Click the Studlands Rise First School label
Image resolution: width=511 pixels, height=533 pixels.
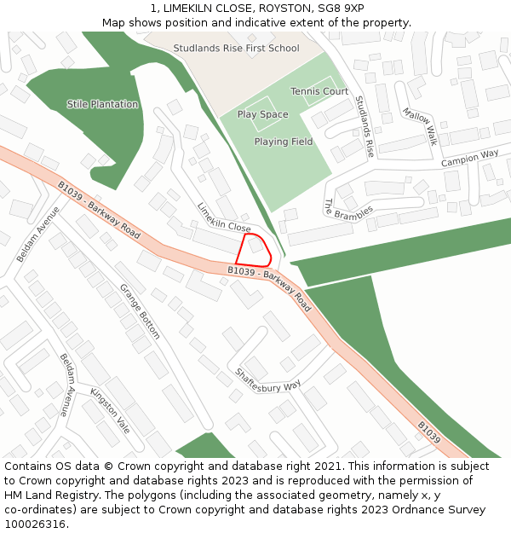236,49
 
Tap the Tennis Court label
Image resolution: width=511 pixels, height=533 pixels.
319,91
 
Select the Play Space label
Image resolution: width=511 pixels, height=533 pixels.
262,114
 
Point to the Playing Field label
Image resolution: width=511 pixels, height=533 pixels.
284,142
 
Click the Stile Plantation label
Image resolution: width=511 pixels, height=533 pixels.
102,104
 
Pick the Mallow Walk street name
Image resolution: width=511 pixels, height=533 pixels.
420,125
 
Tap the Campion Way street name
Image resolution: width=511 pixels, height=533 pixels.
469,158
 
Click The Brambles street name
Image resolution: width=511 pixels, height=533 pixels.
347,210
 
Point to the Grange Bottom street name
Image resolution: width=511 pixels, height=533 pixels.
140,311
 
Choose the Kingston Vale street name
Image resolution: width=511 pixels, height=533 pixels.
110,411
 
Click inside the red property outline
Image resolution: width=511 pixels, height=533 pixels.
253,249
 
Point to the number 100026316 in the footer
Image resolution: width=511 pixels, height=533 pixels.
35,524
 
